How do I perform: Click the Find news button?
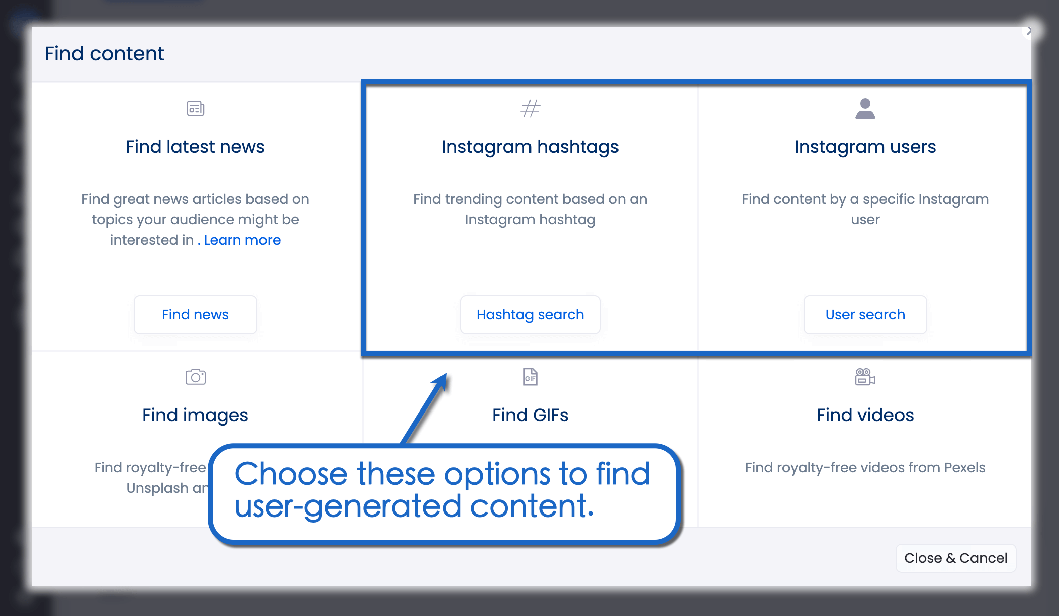coord(195,315)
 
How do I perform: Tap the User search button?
coord(865,315)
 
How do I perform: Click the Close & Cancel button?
coord(955,558)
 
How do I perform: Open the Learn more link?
coord(242,240)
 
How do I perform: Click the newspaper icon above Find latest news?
coord(195,109)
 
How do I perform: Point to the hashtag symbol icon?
coord(530,109)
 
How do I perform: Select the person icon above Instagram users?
coord(865,109)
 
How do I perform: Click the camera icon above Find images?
coord(195,377)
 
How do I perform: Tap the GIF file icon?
coord(530,377)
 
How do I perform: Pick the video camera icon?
coord(865,377)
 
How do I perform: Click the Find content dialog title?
coord(104,54)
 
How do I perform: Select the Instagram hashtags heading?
coord(530,147)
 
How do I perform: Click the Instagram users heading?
coord(865,147)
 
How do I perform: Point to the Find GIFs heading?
coord(530,415)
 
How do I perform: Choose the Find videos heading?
coord(865,415)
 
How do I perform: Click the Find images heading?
coord(195,415)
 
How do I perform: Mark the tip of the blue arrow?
coord(446,374)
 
